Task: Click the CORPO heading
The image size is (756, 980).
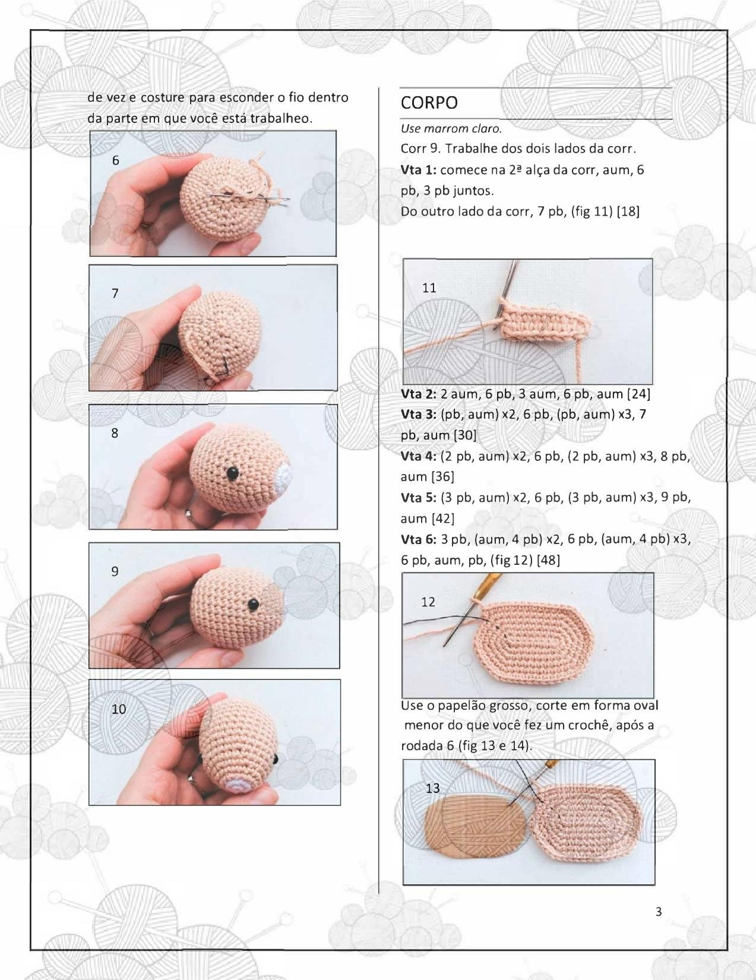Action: [x=429, y=103]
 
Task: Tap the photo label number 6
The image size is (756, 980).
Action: [x=115, y=160]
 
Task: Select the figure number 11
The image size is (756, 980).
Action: [x=429, y=288]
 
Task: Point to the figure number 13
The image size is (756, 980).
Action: [x=433, y=788]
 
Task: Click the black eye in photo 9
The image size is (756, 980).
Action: [x=252, y=605]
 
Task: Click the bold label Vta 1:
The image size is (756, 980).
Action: [x=419, y=170]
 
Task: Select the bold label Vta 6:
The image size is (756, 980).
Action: [x=419, y=539]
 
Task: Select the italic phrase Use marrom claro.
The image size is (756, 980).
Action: [x=451, y=128]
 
